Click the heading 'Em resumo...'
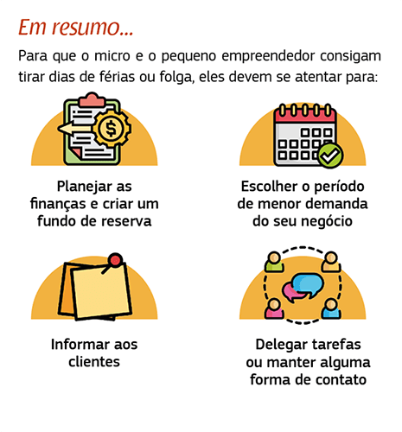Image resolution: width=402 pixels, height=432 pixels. coord(76,28)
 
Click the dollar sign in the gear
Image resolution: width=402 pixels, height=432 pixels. coord(111,129)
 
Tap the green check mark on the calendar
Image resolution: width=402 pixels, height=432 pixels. coord(330,156)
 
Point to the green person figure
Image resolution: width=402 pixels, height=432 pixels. coord(274,262)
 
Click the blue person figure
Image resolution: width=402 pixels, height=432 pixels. coord(331,308)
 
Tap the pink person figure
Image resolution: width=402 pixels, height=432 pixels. coord(274,308)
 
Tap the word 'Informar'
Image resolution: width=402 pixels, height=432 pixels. coord(80,345)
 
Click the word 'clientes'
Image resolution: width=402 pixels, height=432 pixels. coord(94,362)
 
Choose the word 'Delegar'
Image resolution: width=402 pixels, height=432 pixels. coord(282,346)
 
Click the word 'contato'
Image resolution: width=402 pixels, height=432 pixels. coord(341,379)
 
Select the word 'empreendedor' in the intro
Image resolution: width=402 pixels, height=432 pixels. coord(268,56)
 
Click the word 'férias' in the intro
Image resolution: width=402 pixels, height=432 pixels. coord(117,77)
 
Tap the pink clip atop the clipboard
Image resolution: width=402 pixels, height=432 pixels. coord(92,99)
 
